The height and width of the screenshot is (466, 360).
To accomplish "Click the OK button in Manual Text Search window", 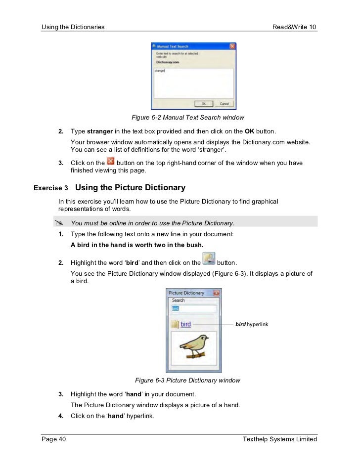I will [x=203, y=104].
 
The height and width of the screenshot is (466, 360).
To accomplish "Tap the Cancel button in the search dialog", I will [x=224, y=104].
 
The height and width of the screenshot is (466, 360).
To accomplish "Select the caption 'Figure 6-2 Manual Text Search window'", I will [x=187, y=118].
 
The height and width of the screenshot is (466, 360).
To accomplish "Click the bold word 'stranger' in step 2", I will [x=100, y=132].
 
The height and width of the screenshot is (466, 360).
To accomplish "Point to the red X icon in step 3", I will [x=111, y=162].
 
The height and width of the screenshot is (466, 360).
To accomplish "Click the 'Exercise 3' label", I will [x=51, y=188].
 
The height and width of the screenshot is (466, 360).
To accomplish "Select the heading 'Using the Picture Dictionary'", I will [x=130, y=188].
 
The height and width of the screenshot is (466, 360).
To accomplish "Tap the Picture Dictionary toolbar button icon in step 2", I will [x=209, y=259].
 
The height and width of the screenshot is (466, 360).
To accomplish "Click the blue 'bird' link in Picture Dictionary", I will [x=185, y=324].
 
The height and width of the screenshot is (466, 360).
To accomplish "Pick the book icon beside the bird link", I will [x=174, y=325].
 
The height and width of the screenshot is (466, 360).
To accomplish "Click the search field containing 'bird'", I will [x=193, y=308].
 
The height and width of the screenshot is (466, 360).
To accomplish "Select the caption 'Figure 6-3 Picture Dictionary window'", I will [x=187, y=381].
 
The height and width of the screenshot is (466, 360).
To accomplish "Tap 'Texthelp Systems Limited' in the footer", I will [x=279, y=439].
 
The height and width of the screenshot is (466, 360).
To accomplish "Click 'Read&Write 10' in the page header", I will [x=294, y=26].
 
